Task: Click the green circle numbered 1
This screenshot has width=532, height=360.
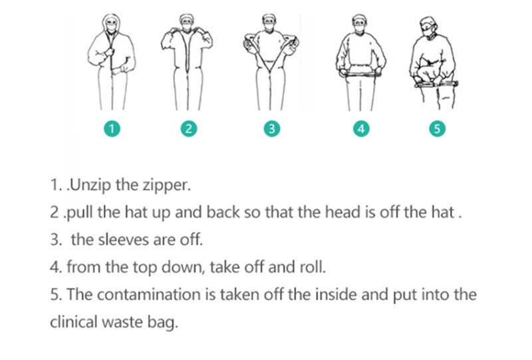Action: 112,128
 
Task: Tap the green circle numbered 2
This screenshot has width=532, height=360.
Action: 189,128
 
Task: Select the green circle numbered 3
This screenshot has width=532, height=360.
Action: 272,128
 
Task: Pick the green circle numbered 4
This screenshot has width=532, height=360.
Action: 361,128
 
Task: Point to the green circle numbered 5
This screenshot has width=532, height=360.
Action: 437,128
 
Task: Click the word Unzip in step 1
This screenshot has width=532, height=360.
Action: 90,185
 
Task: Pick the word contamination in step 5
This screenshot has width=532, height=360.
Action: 148,294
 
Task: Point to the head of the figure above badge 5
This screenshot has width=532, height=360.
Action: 428,27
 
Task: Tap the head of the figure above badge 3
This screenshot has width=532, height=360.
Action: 269,23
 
